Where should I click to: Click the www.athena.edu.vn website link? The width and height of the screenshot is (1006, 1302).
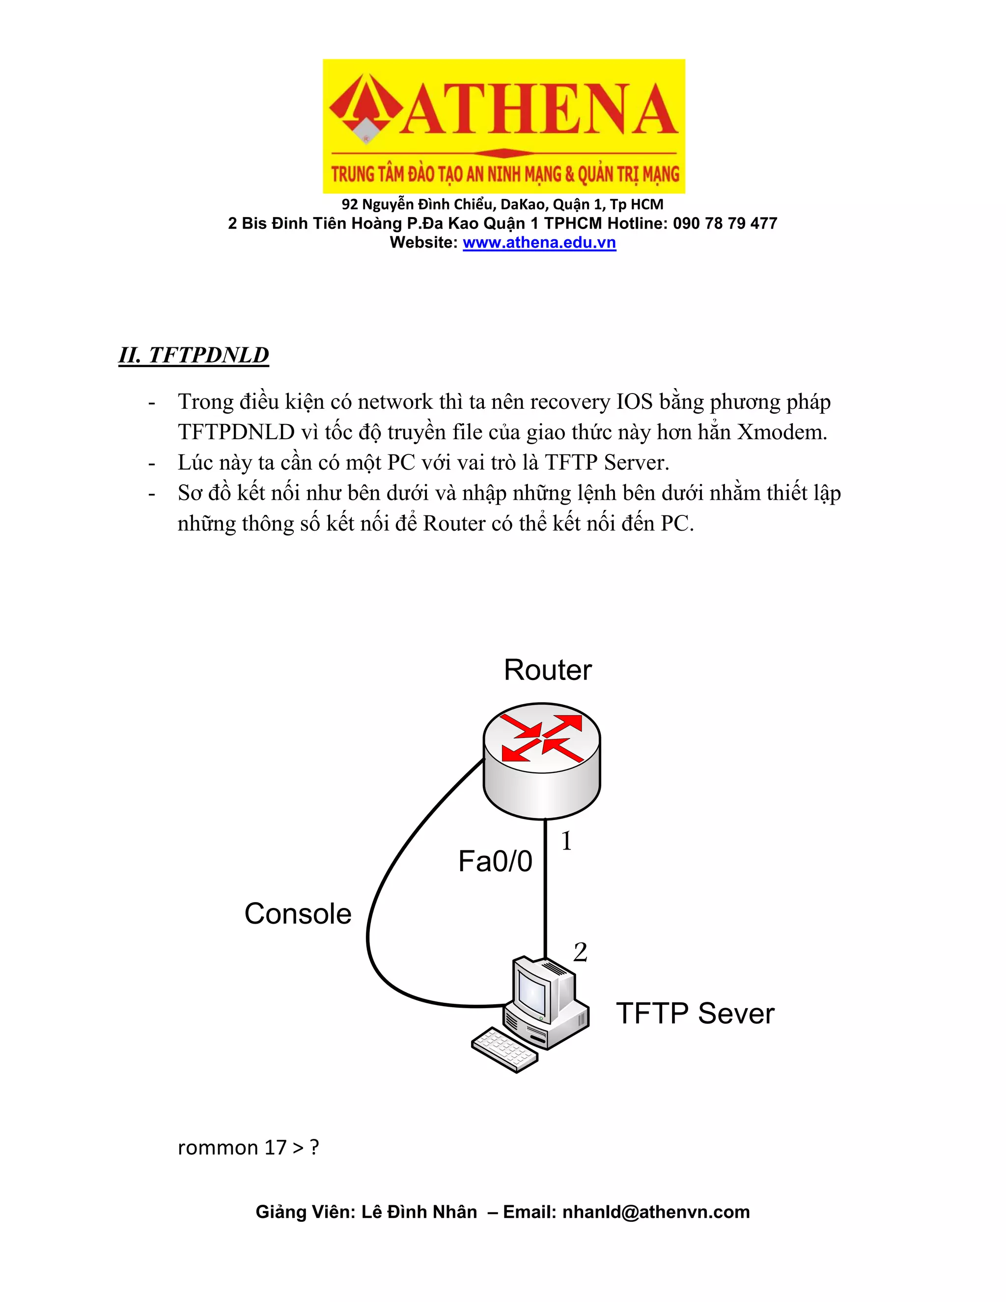click(x=539, y=243)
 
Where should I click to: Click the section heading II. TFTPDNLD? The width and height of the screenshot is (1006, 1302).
click(x=194, y=355)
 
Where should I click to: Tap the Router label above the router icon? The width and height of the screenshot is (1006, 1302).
click(x=548, y=670)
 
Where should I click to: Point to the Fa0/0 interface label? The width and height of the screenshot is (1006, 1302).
click(x=495, y=861)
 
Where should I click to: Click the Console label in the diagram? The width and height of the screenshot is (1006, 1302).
click(x=298, y=913)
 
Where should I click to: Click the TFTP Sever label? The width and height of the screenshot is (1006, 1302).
click(x=695, y=1013)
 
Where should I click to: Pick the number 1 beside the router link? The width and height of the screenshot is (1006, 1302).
click(x=566, y=841)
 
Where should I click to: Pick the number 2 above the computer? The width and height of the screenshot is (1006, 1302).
click(x=580, y=952)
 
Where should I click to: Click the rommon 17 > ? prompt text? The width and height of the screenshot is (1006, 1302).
click(x=249, y=1147)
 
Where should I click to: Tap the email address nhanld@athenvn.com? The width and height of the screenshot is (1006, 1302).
click(x=656, y=1212)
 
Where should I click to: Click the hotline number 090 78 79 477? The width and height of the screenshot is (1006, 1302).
click(x=725, y=224)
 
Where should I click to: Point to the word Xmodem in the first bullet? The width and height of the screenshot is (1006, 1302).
click(x=782, y=431)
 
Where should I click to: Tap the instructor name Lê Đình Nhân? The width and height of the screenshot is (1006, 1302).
click(x=419, y=1212)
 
